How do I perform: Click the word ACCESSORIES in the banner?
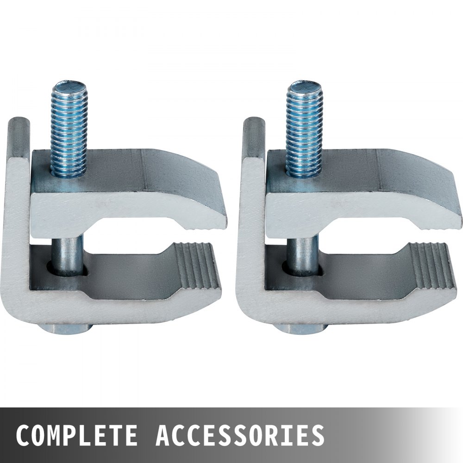click(239, 435)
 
